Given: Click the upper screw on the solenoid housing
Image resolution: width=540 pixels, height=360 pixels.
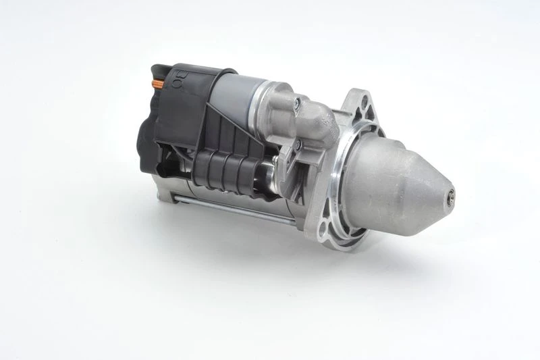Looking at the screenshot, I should (x=296, y=102).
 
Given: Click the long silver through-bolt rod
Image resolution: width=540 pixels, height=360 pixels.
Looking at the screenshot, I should (x=230, y=209).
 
